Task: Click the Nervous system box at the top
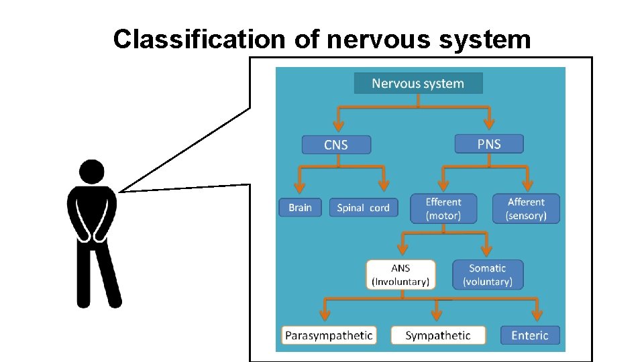point(418,83)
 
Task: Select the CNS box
point(335,145)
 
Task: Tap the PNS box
point(488,143)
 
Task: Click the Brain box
point(300,208)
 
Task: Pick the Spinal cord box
point(363,208)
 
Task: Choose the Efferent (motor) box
point(443,208)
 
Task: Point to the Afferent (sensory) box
point(526,208)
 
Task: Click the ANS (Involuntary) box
point(400,275)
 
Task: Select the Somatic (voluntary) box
point(488,275)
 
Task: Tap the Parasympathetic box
point(329,335)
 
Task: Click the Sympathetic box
point(437,335)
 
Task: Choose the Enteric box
point(530,335)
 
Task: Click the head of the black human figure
point(92,172)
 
